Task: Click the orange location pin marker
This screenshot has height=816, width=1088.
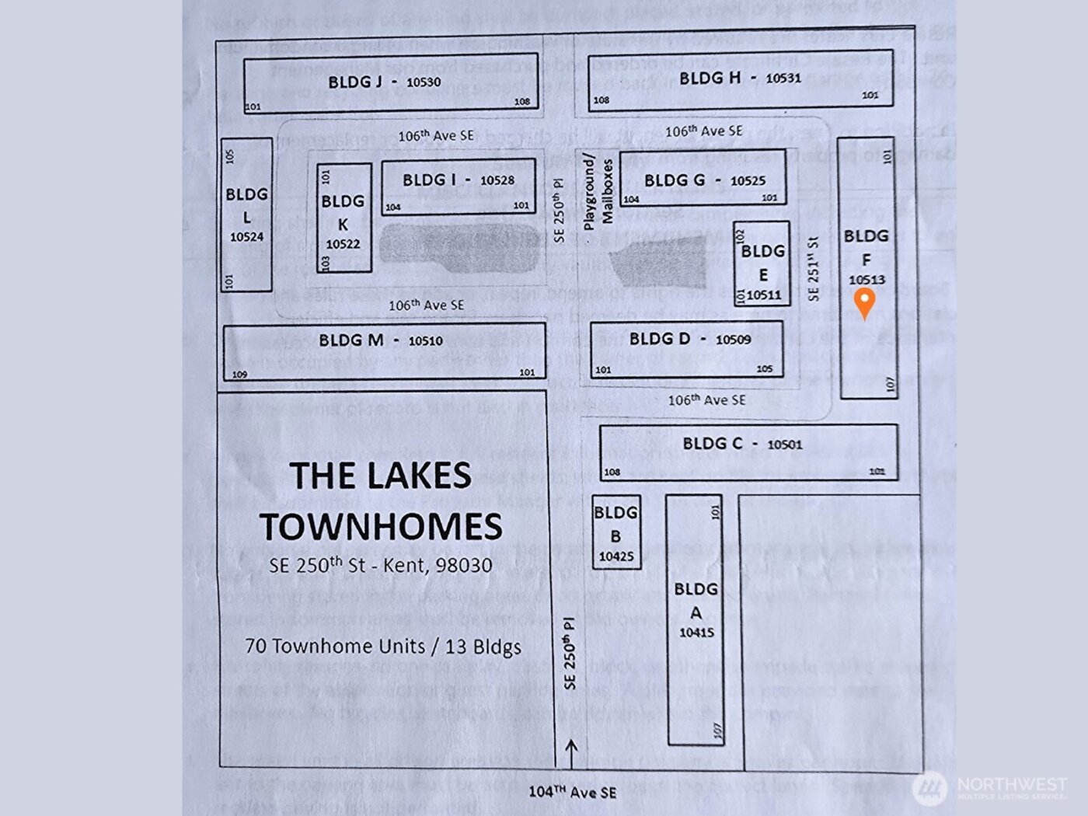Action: click(x=864, y=302)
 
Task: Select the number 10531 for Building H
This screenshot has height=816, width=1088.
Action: click(x=783, y=78)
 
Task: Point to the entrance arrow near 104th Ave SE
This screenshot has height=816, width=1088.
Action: click(x=571, y=753)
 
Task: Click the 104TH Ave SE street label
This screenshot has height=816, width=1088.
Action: click(x=572, y=792)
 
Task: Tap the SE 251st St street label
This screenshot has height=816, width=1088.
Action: click(x=813, y=269)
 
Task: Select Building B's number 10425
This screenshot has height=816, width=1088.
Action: click(x=616, y=556)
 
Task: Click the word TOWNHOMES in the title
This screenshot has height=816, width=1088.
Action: click(x=381, y=527)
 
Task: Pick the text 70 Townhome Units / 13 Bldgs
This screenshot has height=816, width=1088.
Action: click(x=382, y=647)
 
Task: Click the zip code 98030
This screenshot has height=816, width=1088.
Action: click(x=463, y=565)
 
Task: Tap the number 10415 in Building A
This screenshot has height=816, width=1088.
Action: click(x=696, y=633)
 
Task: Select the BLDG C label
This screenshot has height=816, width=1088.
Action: click(x=712, y=444)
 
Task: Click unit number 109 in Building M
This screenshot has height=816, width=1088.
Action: click(x=239, y=374)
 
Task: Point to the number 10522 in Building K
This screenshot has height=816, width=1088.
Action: click(x=343, y=244)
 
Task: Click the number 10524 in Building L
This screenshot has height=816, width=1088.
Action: click(x=246, y=237)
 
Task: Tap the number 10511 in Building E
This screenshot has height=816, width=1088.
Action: click(x=764, y=295)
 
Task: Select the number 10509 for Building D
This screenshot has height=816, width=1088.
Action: click(x=733, y=340)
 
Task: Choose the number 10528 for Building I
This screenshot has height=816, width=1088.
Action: click(x=497, y=180)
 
